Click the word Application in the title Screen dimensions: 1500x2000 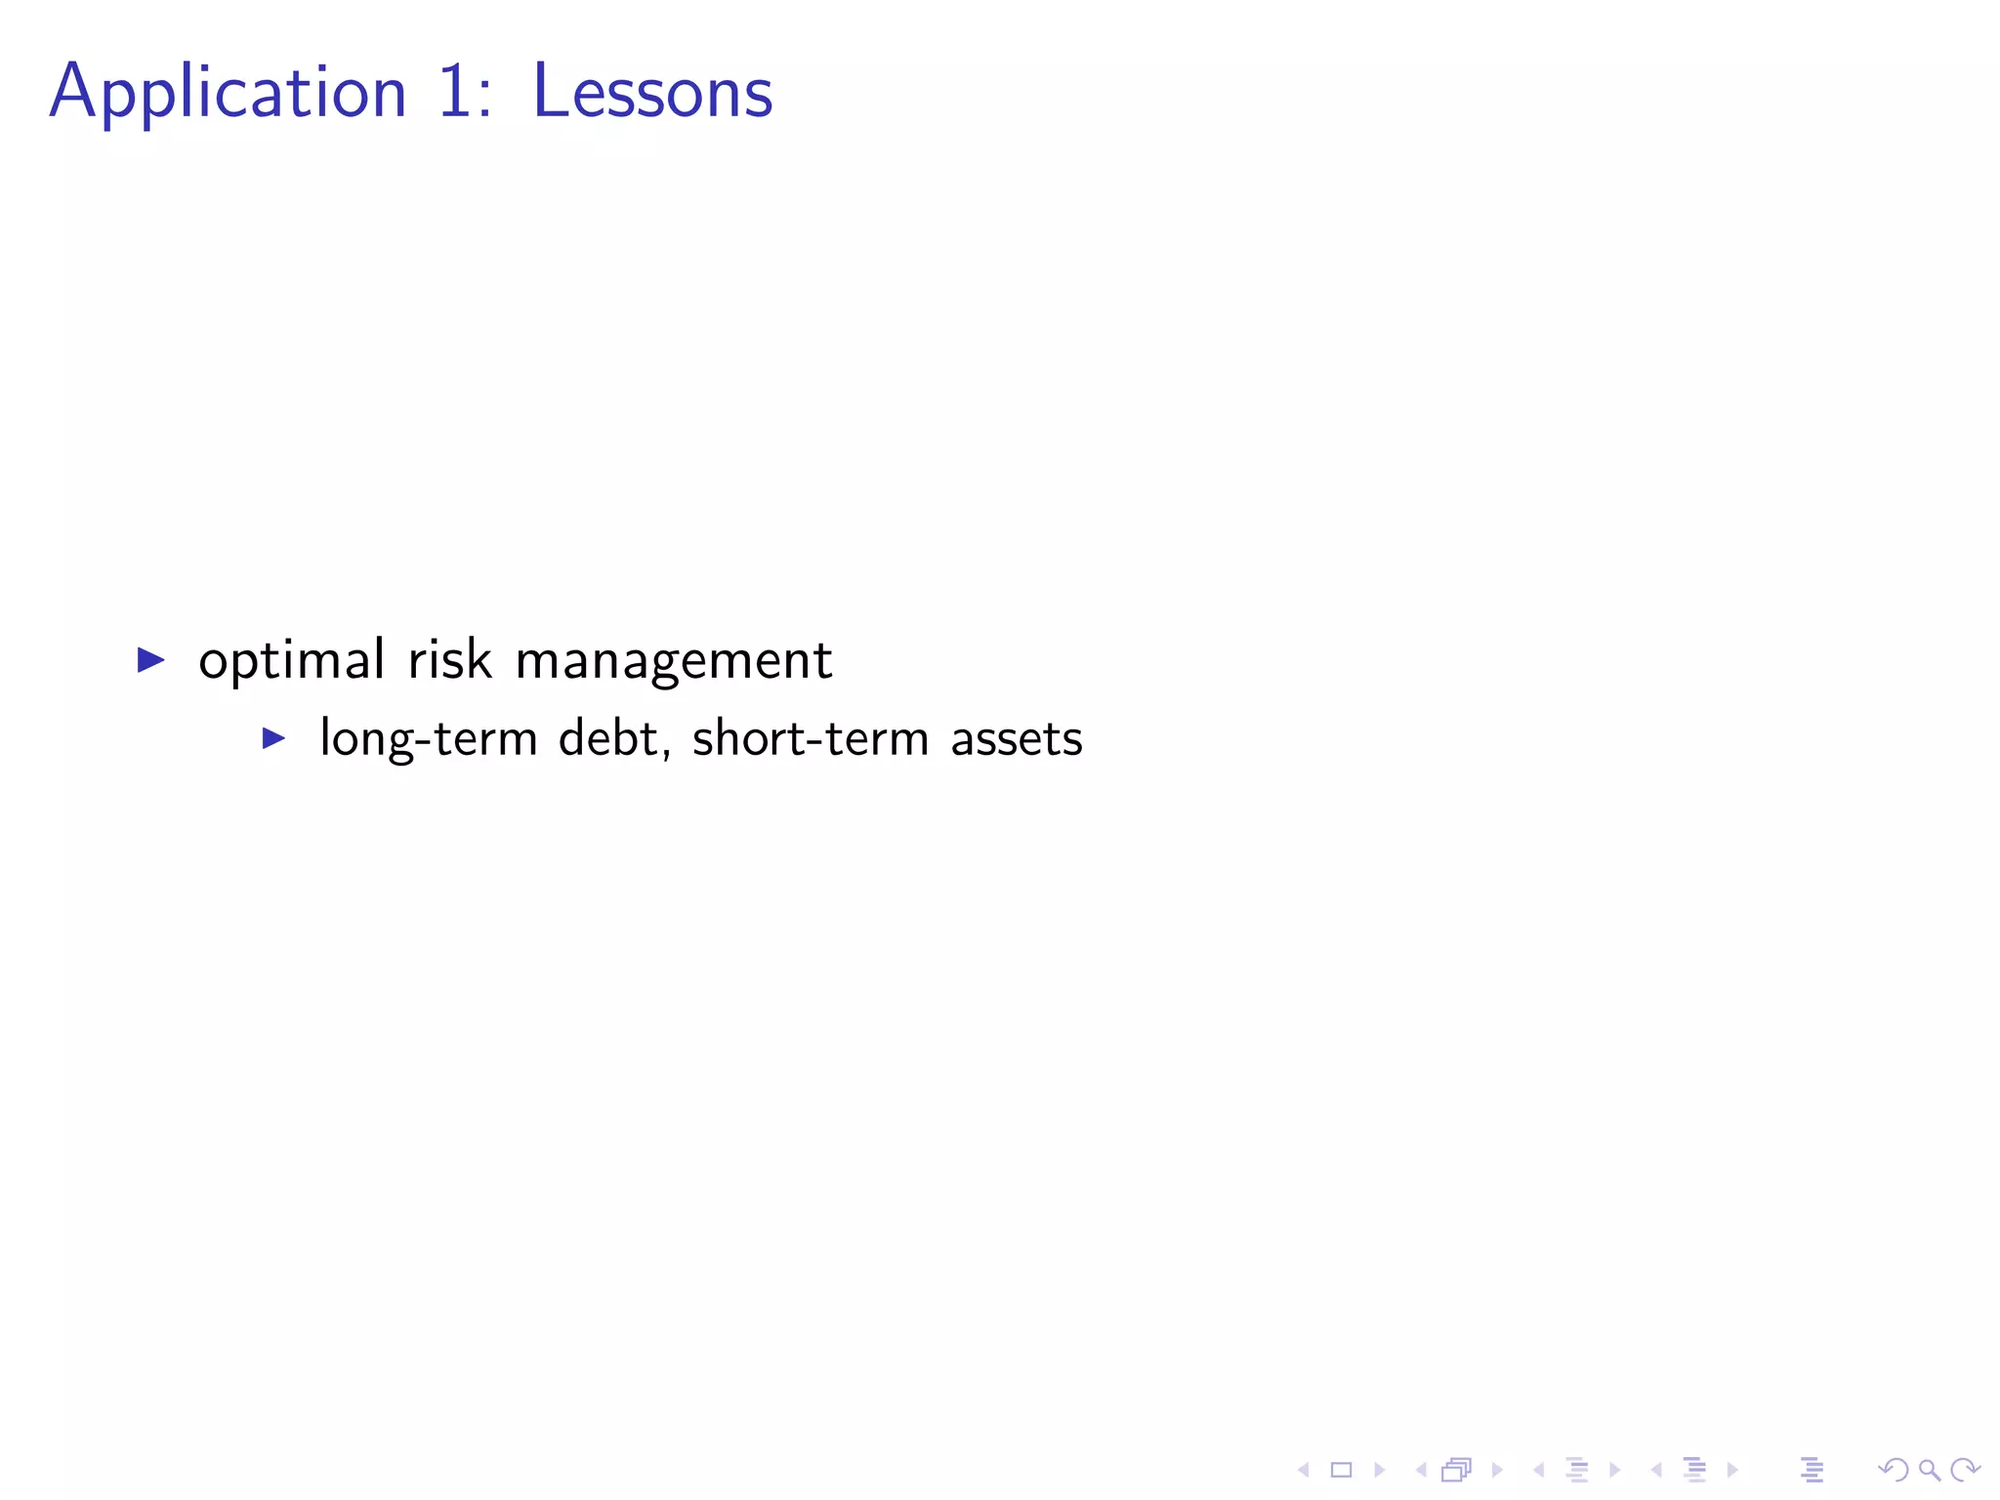point(228,93)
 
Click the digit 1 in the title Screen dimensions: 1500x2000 point(454,93)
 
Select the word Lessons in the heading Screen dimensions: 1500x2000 point(652,93)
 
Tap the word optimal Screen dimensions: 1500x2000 point(291,661)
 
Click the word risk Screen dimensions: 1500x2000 point(449,661)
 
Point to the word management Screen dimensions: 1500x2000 point(673,661)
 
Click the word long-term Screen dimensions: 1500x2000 point(429,739)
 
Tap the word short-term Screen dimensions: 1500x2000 point(811,739)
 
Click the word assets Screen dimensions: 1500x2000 point(1017,739)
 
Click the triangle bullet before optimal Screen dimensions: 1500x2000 point(150,660)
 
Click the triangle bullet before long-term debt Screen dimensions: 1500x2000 point(273,738)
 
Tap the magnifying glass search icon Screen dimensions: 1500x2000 point(1929,1470)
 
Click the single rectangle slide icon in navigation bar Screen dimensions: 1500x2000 point(1341,1470)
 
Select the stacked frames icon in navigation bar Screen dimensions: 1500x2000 point(1456,1470)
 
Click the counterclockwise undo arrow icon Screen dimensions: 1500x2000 point(1893,1470)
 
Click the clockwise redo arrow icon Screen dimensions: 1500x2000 point(1965,1470)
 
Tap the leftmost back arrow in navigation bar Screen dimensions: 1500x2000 point(1303,1470)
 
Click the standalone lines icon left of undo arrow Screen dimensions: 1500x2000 point(1812,1470)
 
